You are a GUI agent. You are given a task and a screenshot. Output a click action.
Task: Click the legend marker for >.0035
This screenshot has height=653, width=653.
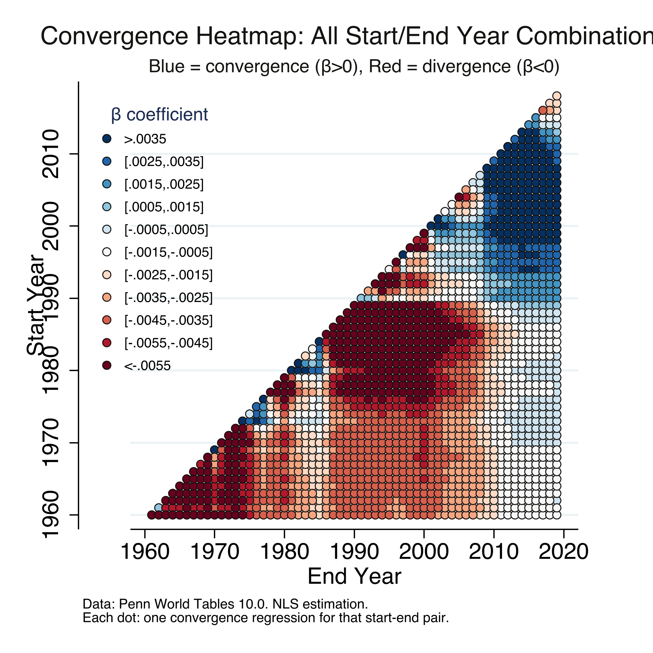click(107, 138)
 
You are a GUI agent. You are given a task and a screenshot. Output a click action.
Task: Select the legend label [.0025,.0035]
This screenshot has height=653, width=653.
click(164, 162)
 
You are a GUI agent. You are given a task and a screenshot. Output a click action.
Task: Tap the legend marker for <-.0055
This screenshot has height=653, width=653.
click(107, 365)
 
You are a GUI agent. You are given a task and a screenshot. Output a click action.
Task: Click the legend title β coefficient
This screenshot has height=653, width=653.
click(159, 115)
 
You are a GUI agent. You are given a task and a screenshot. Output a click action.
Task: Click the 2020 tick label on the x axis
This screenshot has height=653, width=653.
click(563, 552)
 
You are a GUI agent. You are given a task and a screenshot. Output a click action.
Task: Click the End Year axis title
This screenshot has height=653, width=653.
click(354, 576)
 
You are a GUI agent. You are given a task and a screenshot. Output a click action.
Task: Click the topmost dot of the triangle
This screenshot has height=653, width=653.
click(557, 96)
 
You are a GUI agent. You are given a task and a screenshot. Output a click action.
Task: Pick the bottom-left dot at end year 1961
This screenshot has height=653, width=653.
click(151, 515)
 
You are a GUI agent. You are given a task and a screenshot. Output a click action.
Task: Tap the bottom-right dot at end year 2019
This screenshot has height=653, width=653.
click(557, 515)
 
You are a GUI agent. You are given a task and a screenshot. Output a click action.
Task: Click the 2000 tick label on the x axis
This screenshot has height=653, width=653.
click(424, 552)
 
